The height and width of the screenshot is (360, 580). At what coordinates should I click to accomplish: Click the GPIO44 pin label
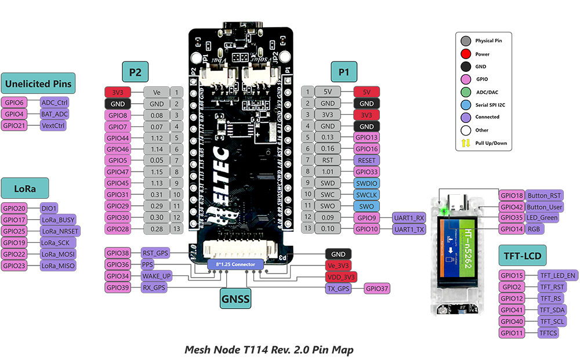pyautogui.click(x=118, y=138)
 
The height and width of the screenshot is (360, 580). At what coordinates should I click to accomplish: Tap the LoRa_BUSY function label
pyautogui.click(x=57, y=220)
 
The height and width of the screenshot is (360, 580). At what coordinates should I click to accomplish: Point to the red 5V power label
pyautogui.click(x=366, y=92)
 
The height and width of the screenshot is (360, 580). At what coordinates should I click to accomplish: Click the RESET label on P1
pyautogui.click(x=366, y=161)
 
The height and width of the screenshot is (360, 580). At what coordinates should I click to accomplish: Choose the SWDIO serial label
pyautogui.click(x=366, y=183)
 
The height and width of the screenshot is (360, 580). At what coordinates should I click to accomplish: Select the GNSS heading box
pyautogui.click(x=235, y=299)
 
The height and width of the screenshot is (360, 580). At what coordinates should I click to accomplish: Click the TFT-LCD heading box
pyautogui.click(x=524, y=255)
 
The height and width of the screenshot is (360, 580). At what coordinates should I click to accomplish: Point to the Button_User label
pyautogui.click(x=545, y=207)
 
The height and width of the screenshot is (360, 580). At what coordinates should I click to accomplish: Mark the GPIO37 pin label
pyautogui.click(x=377, y=288)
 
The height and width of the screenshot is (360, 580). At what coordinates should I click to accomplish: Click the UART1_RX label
pyautogui.click(x=409, y=218)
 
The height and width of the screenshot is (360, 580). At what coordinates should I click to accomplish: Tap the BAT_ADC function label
pyautogui.click(x=55, y=114)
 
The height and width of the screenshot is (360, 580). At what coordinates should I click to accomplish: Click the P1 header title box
pyautogui.click(x=345, y=72)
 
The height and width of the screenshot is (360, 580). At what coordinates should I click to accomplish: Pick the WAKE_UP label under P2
pyautogui.click(x=156, y=276)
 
